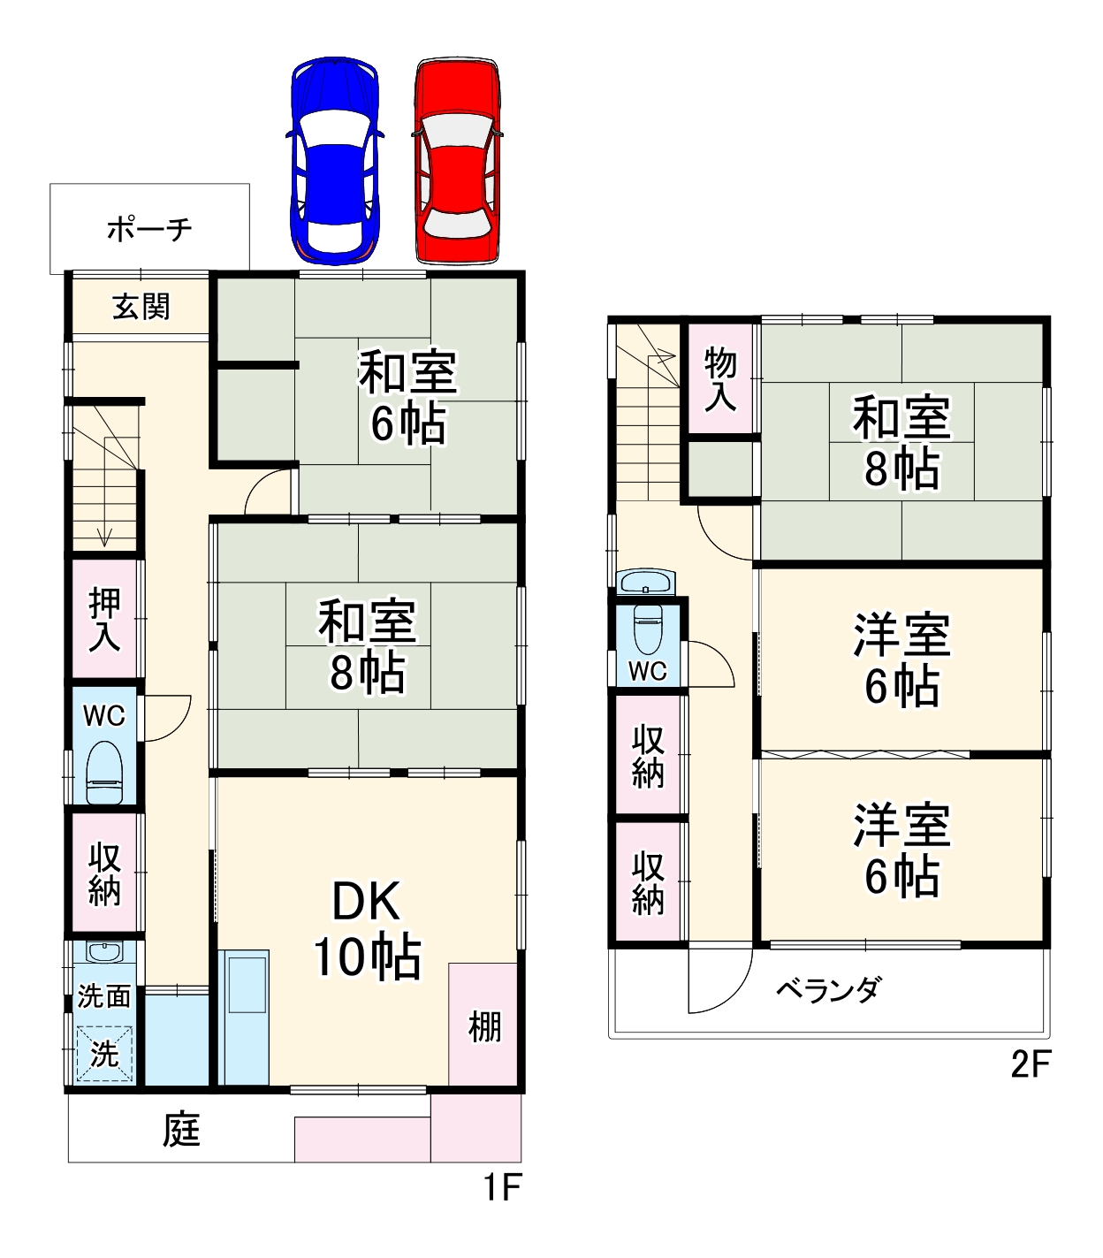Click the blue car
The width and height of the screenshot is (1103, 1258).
335,161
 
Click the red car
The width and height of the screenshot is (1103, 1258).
457,161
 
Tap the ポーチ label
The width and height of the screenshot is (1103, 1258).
149,230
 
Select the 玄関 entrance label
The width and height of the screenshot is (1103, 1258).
141,307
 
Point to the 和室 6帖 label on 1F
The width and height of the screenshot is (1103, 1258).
407,398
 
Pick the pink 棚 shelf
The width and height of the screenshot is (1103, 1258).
483,1025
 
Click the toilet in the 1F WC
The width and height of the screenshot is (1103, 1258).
104,772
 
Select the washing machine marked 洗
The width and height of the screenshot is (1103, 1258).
104,1053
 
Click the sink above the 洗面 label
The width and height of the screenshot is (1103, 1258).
104,954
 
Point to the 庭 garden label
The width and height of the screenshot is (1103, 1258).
182,1130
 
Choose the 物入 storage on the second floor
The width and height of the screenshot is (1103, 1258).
720,378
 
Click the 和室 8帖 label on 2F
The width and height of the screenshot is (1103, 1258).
901,442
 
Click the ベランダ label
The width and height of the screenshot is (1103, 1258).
828,989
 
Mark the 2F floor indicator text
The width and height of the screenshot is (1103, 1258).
1030,1064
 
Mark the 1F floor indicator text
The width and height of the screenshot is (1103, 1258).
501,1187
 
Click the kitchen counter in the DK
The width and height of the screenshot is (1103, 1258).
243,1017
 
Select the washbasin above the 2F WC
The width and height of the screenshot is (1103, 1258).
647,583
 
